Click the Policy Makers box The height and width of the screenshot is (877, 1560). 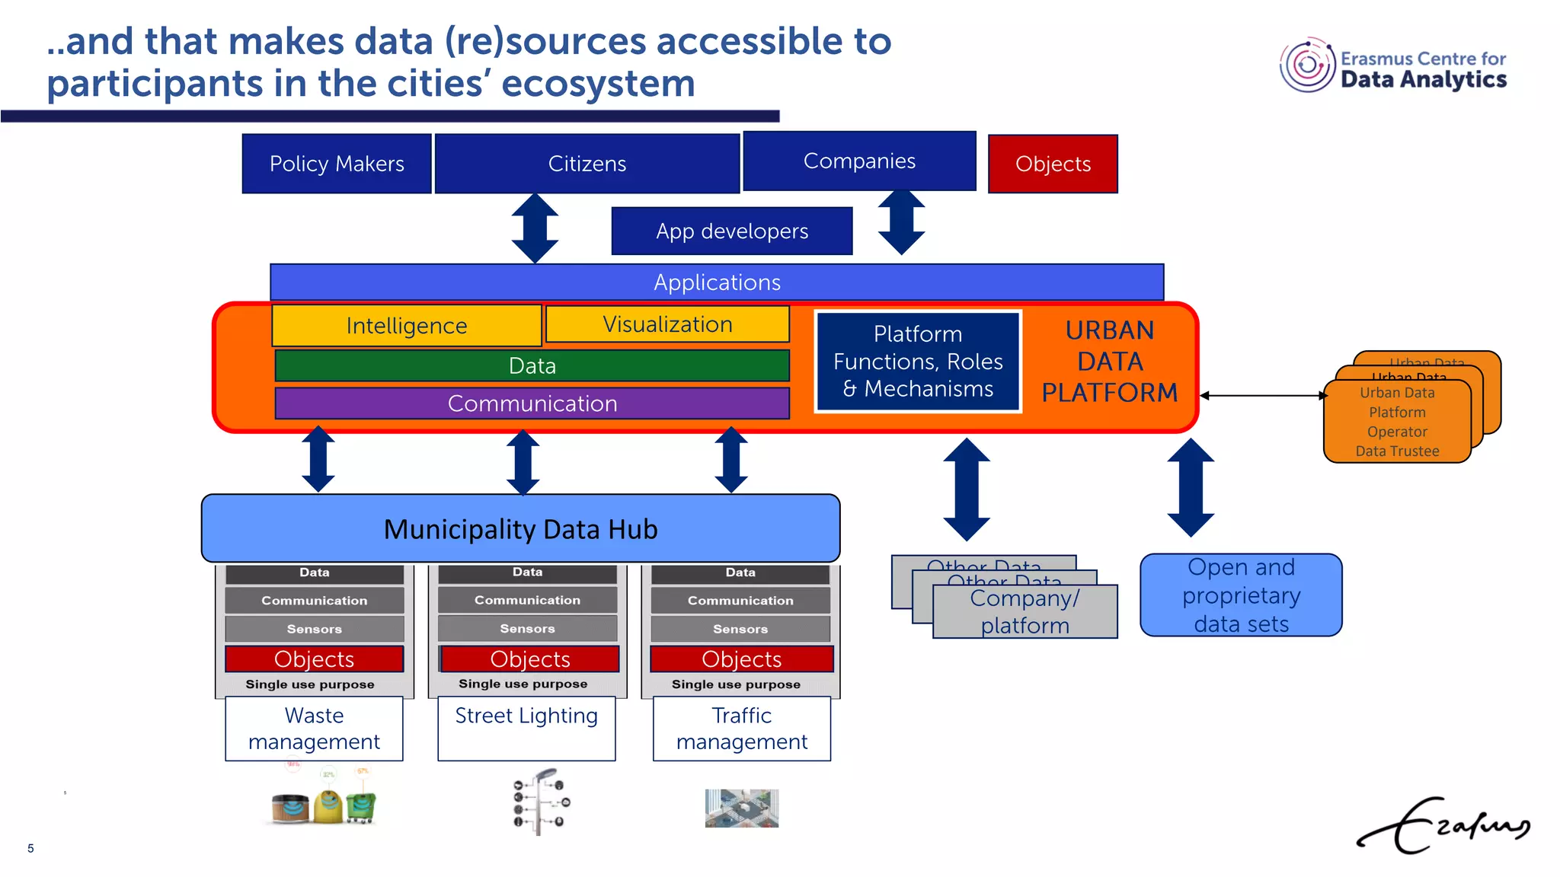337,164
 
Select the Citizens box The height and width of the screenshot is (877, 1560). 587,164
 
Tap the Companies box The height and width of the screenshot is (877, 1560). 859,161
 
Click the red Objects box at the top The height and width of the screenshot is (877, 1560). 1053,164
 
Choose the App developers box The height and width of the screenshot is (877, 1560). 731,231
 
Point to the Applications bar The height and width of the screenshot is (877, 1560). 716,282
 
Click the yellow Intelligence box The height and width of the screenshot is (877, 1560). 406,326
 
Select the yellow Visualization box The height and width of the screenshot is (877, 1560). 667,324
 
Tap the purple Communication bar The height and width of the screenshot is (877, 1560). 532,403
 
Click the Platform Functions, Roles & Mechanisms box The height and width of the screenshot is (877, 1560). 918,362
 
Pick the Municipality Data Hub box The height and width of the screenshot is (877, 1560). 520,529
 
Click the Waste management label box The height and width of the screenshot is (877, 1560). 314,729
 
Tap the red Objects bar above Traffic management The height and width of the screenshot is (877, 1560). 741,659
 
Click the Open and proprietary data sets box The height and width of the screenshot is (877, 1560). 1241,595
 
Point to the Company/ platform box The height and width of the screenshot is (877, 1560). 1025,612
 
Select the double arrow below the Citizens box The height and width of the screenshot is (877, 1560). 535,228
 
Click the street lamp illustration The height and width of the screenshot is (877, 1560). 540,802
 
